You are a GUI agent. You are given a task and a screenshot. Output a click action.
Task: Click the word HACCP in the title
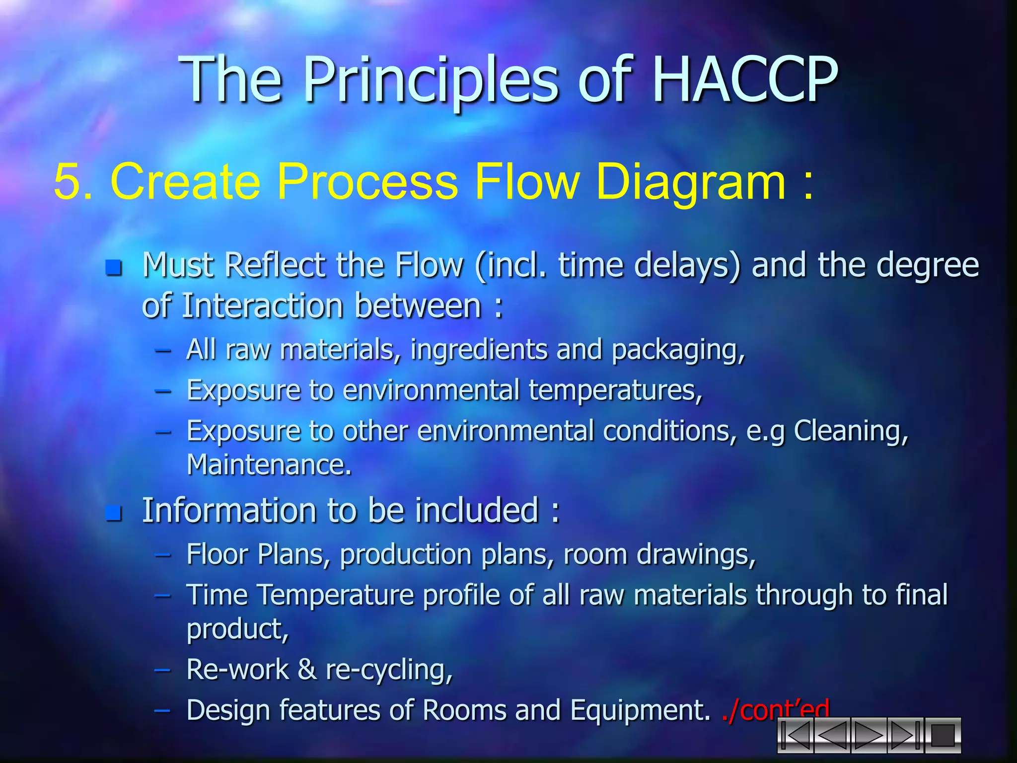(744, 79)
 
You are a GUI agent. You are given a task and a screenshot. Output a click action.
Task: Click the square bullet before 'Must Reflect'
(114, 268)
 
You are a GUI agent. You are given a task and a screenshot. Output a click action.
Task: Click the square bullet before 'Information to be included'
(114, 513)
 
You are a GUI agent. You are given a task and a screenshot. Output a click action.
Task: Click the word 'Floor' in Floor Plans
(217, 554)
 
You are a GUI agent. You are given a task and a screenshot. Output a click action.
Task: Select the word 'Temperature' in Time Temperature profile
(335, 595)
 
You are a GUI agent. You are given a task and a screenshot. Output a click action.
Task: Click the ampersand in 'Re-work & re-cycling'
(307, 670)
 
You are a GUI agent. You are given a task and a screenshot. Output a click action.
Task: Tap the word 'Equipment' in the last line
(641, 710)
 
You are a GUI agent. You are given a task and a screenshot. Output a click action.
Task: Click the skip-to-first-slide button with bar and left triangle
(795, 735)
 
